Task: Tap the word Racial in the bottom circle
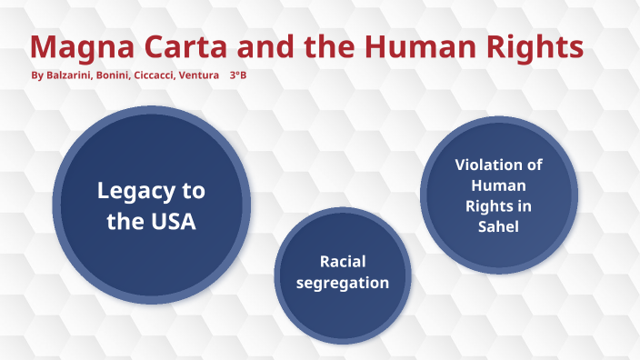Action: [x=343, y=261]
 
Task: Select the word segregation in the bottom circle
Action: [x=342, y=283]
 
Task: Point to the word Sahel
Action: [x=498, y=226]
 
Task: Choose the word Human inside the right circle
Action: [x=498, y=185]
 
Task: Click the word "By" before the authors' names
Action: [x=37, y=75]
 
